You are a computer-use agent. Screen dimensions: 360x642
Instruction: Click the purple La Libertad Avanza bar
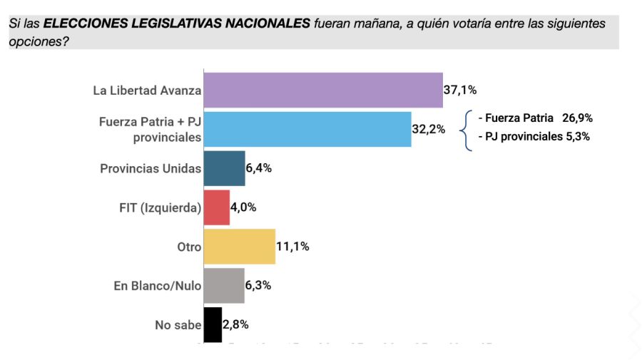[323, 90]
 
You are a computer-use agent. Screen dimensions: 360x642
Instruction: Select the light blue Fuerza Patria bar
[307, 129]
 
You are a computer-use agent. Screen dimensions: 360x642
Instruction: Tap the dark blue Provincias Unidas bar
[224, 168]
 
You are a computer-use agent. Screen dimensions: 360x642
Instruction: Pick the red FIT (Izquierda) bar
[217, 207]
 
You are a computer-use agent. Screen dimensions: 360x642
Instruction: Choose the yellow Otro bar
[240, 247]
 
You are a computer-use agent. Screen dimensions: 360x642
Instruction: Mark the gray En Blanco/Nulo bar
[224, 286]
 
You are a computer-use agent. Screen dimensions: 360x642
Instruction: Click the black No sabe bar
[213, 325]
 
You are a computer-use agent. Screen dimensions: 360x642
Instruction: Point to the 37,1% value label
[460, 91]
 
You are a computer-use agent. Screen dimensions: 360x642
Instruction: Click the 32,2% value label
[429, 130]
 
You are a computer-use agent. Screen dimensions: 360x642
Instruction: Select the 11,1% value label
[292, 247]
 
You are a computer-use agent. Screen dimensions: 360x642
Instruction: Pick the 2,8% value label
[236, 325]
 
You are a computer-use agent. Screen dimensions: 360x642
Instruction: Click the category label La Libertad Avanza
[147, 91]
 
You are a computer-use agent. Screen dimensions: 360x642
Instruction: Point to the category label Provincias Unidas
[151, 169]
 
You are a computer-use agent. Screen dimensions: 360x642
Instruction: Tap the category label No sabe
[178, 325]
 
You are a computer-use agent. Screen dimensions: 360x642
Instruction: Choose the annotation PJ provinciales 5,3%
[534, 137]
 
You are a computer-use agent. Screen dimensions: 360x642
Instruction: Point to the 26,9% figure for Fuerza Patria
[577, 118]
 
